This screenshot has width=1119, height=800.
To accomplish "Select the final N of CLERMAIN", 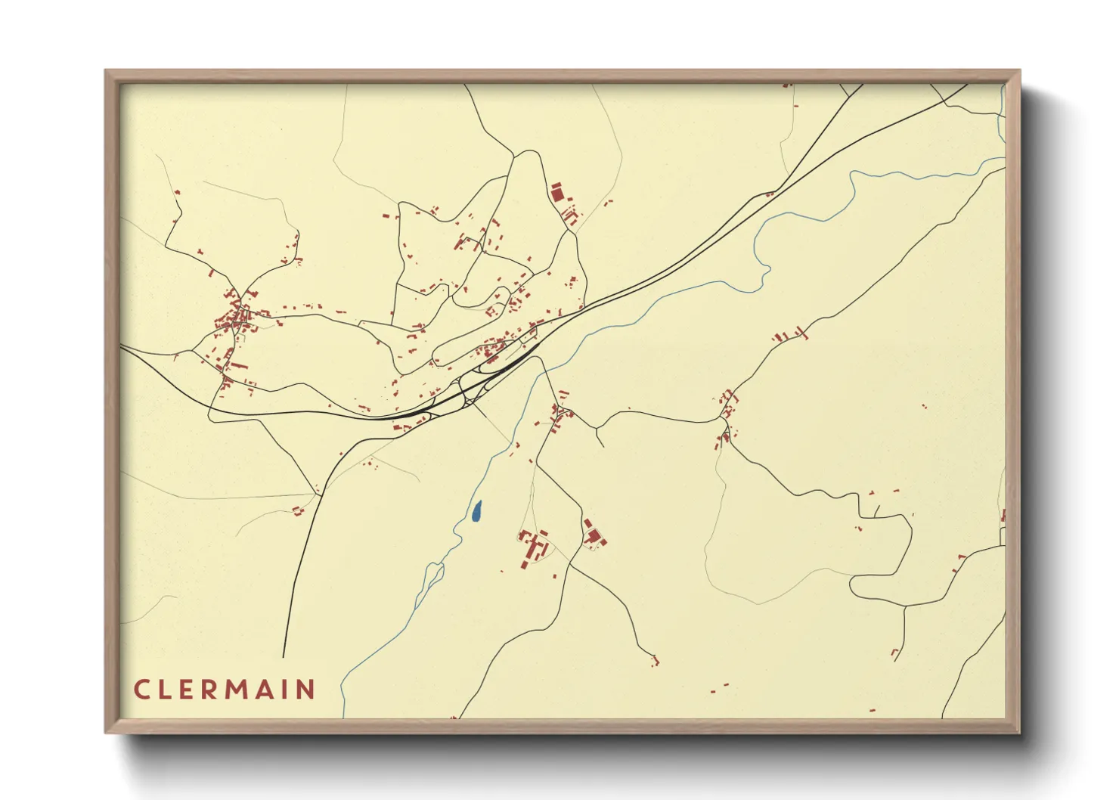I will (x=305, y=690).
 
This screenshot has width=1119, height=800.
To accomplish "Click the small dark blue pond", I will (x=476, y=513).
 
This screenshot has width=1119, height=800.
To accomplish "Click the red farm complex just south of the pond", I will (x=535, y=546).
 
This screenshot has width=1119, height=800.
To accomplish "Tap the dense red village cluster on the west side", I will (x=237, y=318).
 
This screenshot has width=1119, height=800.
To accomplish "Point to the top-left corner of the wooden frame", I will (x=106, y=71).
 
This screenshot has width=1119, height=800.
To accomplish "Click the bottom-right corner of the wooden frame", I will (x=1019, y=732).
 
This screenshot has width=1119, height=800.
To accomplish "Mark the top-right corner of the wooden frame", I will (x=1019, y=71).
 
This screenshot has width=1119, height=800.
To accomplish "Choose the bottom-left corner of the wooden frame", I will (x=106, y=732).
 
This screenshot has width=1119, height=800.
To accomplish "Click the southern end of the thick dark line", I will (x=284, y=656).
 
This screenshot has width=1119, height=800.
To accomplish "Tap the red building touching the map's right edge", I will (x=1003, y=516).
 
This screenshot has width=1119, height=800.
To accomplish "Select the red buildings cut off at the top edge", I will (x=787, y=85).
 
